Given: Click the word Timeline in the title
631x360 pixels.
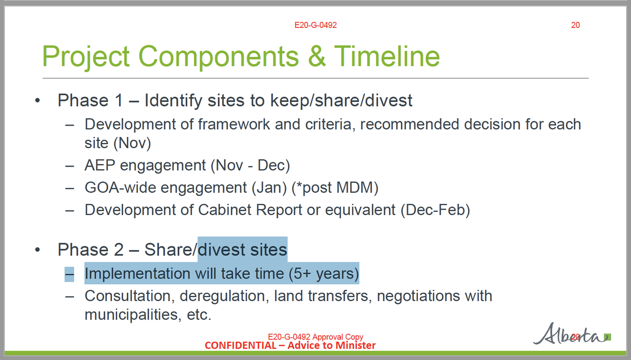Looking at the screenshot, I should click(x=387, y=56).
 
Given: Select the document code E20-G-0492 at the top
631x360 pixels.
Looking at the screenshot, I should click(x=315, y=25).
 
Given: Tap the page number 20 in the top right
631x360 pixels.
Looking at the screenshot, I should click(x=575, y=25).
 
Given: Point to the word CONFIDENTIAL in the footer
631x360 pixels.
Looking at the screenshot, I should click(x=239, y=345).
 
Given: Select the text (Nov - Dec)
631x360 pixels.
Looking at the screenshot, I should click(x=250, y=165).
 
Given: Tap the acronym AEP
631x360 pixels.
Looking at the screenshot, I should click(x=100, y=165).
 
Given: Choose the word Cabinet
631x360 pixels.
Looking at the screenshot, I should click(x=227, y=210).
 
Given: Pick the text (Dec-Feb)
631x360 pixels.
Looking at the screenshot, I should click(x=435, y=210).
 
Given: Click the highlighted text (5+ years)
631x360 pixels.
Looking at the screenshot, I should click(x=323, y=274).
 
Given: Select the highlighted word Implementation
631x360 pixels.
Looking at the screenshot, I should click(x=137, y=274).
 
